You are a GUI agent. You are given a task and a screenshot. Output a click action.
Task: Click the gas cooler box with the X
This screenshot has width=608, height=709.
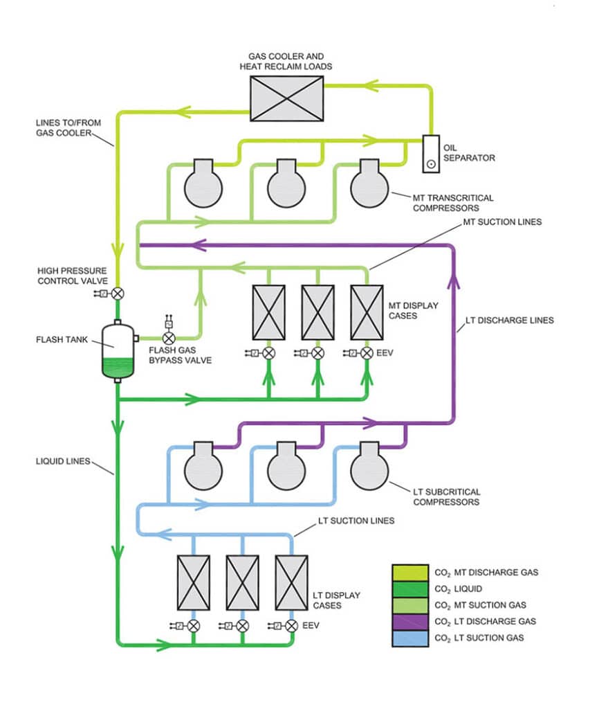pos(286,98)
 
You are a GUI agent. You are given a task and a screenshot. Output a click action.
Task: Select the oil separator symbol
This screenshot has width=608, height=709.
pos(432,153)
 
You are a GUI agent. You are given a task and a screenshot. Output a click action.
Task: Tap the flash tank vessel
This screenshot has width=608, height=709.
pos(118,350)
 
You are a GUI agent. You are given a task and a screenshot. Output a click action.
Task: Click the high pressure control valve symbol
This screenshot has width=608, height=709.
pos(118,293)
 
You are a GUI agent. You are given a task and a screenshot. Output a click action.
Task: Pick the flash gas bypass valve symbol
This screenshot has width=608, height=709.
pos(168,338)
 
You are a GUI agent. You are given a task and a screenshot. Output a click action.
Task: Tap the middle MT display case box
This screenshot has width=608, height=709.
pos(317,312)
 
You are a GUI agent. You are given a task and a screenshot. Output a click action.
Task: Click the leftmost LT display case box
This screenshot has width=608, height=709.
pos(194,582)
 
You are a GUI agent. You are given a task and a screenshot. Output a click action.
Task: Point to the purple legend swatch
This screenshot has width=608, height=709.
pos(412,620)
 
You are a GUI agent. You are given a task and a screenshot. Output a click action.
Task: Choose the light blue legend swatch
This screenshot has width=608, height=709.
pos(412,637)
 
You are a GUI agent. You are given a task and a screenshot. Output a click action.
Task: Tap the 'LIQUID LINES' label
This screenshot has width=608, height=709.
pos(63,460)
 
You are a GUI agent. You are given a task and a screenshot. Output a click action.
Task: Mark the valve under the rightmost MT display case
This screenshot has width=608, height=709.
pos(367,353)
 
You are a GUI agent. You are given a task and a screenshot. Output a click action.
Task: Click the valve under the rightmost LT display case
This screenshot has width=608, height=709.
pos(291,625)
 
